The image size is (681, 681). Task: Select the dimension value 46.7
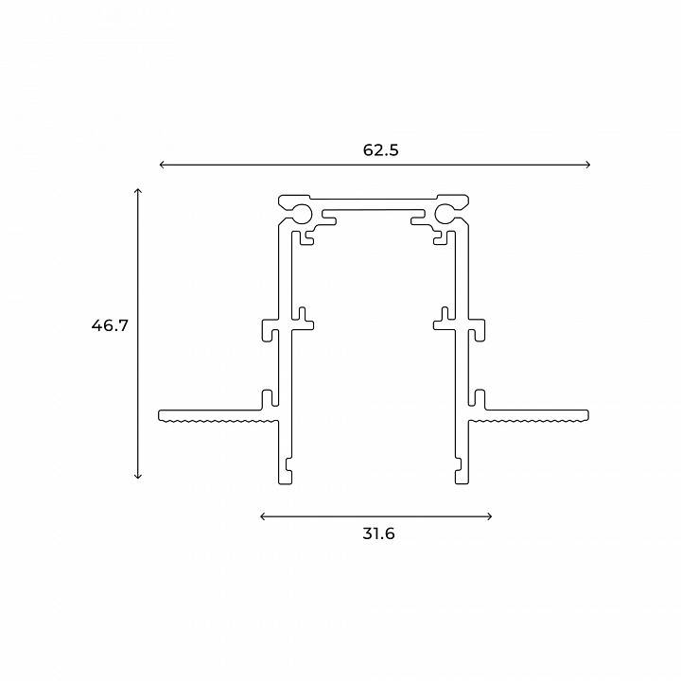click(x=110, y=325)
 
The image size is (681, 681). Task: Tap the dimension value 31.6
click(x=378, y=533)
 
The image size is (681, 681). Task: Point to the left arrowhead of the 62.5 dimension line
click(x=163, y=166)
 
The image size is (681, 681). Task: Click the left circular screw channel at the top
click(x=301, y=211)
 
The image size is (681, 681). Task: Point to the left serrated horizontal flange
click(x=213, y=415)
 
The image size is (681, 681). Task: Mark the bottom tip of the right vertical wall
click(x=461, y=480)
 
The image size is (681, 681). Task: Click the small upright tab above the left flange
click(x=269, y=396)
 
